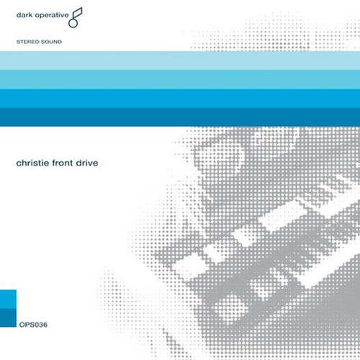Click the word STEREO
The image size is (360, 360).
click(28, 42)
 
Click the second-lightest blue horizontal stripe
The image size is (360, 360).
click(180, 79)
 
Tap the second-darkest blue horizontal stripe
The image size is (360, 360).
click(180, 98)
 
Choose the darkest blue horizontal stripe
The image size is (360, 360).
click(180, 116)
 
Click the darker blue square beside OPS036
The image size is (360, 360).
click(8, 317)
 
